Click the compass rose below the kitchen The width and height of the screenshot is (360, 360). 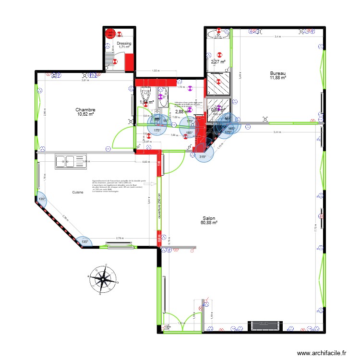pyautogui.click(x=102, y=277)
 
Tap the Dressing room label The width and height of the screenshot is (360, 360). pyautogui.click(x=124, y=43)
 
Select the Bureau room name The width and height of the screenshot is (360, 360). pyautogui.click(x=277, y=73)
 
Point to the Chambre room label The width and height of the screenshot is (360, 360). pyautogui.click(x=85, y=110)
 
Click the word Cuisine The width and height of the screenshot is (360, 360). pyautogui.click(x=78, y=192)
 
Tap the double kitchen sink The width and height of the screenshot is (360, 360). pyautogui.click(x=70, y=162)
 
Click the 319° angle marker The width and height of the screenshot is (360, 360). pyautogui.click(x=203, y=156)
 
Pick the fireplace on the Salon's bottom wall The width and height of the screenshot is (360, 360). pyautogui.click(x=264, y=325)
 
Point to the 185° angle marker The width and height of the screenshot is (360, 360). pyautogui.click(x=189, y=132)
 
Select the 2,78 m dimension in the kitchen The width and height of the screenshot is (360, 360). pyautogui.click(x=120, y=238)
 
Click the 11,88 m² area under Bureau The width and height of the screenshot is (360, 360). pyautogui.click(x=277, y=78)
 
